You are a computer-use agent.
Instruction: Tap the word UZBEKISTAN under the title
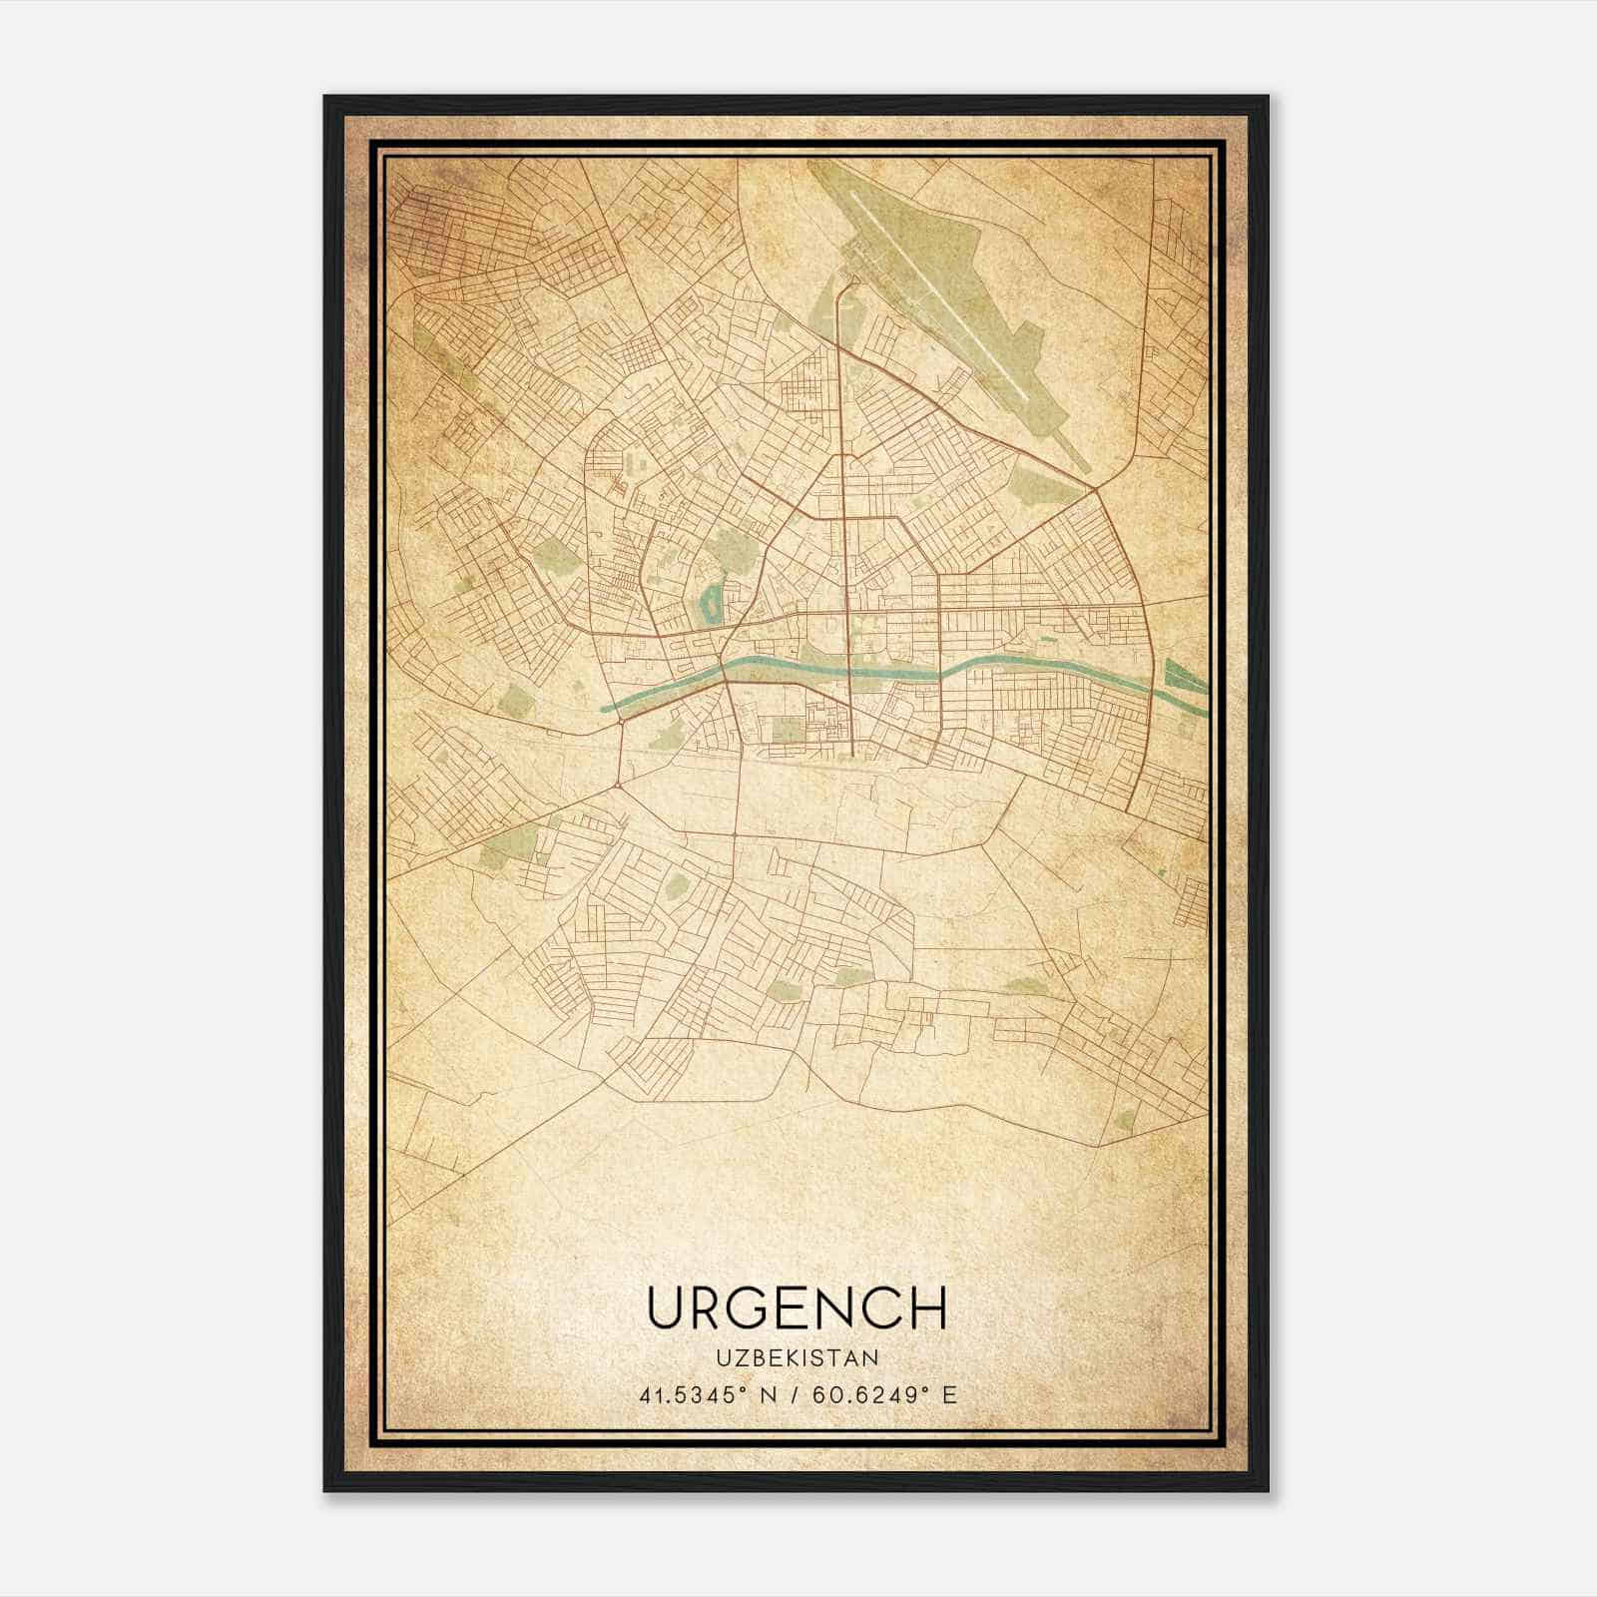(x=798, y=1358)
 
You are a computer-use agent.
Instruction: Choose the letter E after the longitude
(x=950, y=1394)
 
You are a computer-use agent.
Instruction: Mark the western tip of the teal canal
(x=605, y=708)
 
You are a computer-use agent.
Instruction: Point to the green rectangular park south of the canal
(x=789, y=730)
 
